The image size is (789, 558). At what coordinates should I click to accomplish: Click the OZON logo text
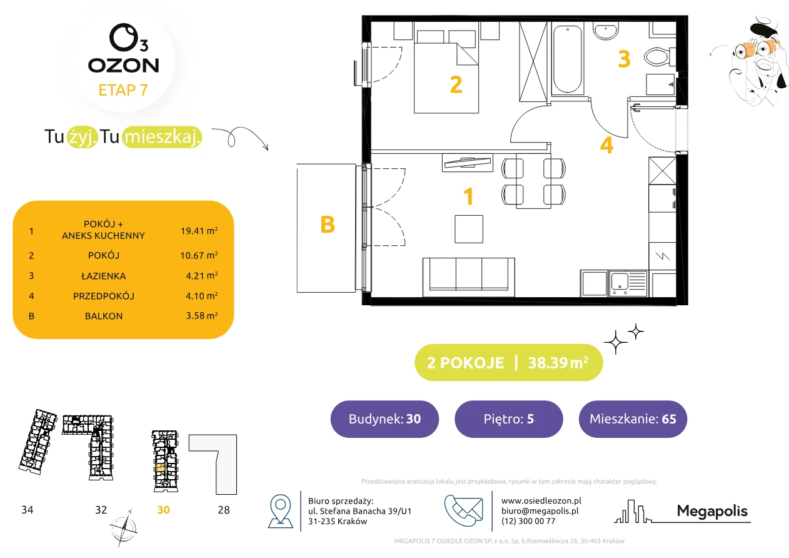point(123,66)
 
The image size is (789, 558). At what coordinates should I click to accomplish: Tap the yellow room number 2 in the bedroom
point(456,84)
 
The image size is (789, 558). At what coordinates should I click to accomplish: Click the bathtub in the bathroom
point(567,59)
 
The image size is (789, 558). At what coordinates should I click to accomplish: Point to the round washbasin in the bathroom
point(606,30)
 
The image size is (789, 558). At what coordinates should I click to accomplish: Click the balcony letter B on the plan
point(327,225)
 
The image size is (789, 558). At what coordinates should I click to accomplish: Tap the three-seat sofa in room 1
point(468,277)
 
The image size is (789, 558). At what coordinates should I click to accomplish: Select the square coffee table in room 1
point(469,229)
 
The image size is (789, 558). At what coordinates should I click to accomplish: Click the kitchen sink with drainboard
point(628,283)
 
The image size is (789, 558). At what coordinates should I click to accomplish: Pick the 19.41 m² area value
point(199,231)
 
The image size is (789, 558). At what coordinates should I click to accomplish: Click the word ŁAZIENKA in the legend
point(104,276)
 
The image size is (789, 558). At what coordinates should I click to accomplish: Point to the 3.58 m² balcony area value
point(201,315)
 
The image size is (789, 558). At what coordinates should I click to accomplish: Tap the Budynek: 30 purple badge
point(384,418)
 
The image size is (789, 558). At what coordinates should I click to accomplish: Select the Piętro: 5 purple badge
point(509,418)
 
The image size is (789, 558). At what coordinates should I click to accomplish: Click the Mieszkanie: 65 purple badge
point(633,418)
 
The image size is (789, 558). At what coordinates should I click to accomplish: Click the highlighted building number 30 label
point(163,510)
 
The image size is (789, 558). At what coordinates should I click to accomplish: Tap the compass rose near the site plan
point(123,528)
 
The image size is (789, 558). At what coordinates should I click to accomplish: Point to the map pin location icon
point(280,510)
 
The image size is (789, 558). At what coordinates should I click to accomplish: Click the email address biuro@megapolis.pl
point(540,510)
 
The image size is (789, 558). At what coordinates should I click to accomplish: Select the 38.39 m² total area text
point(558,363)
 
